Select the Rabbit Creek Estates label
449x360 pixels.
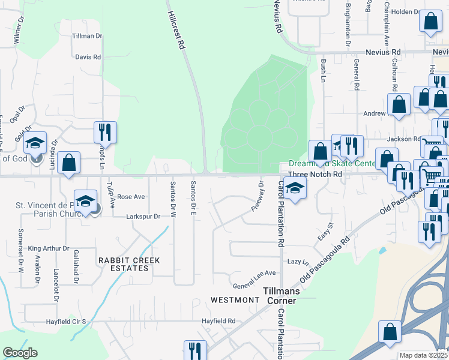tap(123, 264)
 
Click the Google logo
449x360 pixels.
tap(20, 353)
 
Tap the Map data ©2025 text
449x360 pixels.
tap(424, 355)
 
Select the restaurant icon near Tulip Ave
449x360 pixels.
tap(105, 131)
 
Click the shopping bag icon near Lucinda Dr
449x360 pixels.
tap(69, 163)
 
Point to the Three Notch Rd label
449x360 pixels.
tap(315, 174)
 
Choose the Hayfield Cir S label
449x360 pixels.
tap(68, 322)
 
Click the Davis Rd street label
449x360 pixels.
tap(88, 57)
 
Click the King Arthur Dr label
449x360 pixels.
tap(49, 248)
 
